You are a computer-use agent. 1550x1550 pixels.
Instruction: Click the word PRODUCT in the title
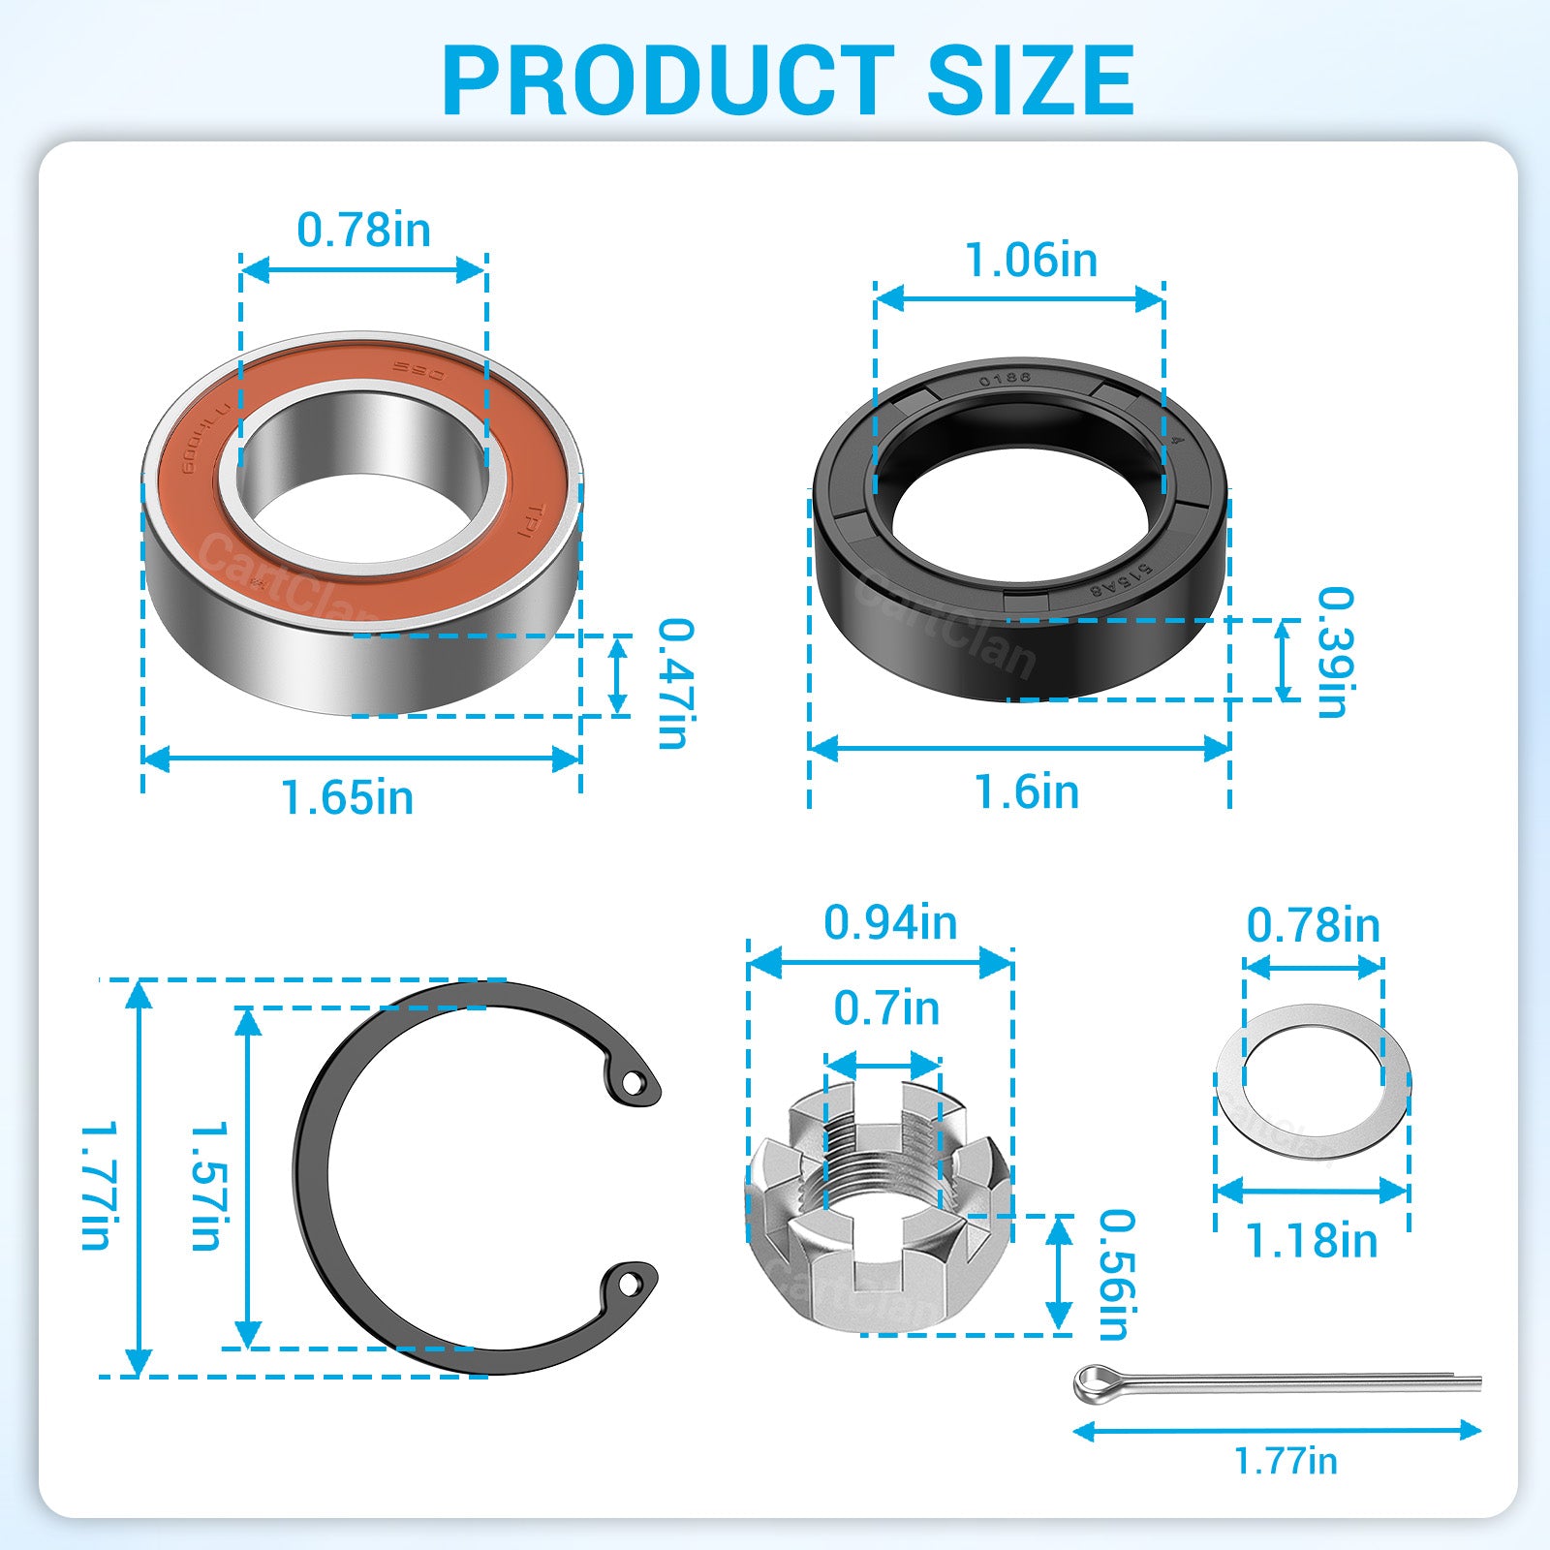coord(667,80)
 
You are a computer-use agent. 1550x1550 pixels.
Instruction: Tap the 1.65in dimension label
coord(347,797)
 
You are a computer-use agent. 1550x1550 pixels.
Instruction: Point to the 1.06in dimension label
coord(1031,260)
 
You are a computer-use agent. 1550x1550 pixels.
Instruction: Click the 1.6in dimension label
coord(1026,791)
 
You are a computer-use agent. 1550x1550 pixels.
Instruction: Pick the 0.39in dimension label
coord(1334,652)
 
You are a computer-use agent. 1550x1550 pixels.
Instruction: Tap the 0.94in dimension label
coord(889,922)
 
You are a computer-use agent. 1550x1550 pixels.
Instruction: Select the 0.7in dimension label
coord(886,1008)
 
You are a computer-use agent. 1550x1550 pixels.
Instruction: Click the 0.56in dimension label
coord(1114,1274)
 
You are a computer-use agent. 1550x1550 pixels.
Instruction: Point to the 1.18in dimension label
coord(1311,1241)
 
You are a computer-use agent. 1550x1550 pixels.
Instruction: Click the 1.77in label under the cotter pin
coord(1286,1461)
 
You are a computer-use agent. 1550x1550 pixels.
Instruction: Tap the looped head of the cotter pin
coord(1095,1382)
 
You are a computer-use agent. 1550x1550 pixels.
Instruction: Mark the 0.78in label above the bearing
coord(363,231)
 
